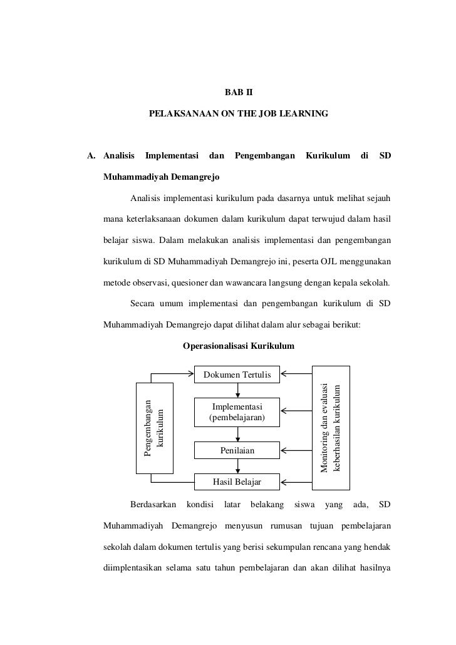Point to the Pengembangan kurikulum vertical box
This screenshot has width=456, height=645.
155,428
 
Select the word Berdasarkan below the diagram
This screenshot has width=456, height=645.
153,504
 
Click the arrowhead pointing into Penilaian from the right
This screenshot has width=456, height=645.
284,450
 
